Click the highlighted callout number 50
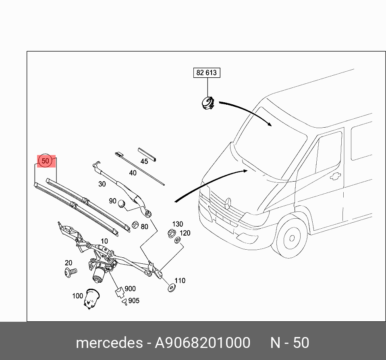46,161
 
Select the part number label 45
144,161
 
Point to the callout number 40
133,173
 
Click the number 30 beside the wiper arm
102,184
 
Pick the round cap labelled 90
122,205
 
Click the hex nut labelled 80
135,225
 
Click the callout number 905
134,301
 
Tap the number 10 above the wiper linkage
104,242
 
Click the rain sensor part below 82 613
208,103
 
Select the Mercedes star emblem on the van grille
228,203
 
